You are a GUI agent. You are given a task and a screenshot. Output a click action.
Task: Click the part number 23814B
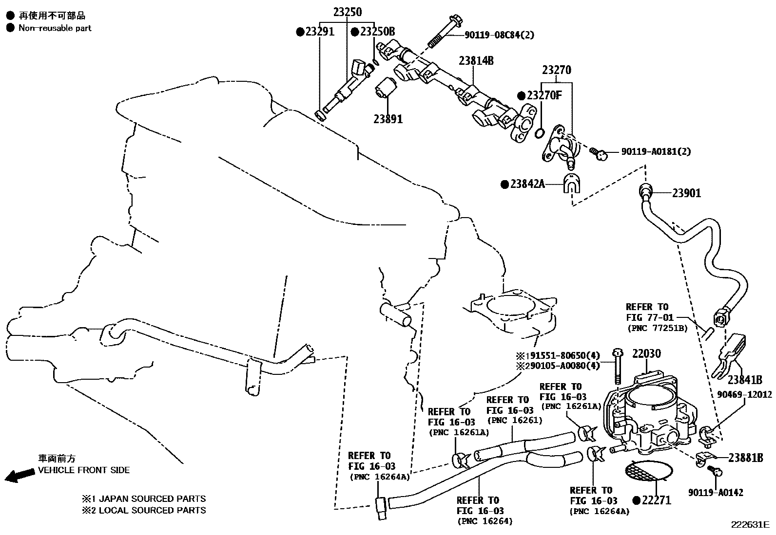476,61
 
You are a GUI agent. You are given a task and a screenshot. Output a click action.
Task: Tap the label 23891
388,119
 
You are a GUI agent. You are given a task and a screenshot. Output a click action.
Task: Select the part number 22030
646,354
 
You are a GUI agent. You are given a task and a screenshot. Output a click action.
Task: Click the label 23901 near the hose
686,193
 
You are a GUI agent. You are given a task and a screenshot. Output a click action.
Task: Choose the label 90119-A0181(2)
656,152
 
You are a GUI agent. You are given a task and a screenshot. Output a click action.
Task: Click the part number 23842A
526,184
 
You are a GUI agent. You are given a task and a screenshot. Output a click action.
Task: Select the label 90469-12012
744,395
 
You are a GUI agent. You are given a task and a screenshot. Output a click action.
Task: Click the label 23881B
745,458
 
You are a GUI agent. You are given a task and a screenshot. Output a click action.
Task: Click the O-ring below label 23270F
540,132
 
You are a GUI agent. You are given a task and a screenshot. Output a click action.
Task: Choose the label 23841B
745,380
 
